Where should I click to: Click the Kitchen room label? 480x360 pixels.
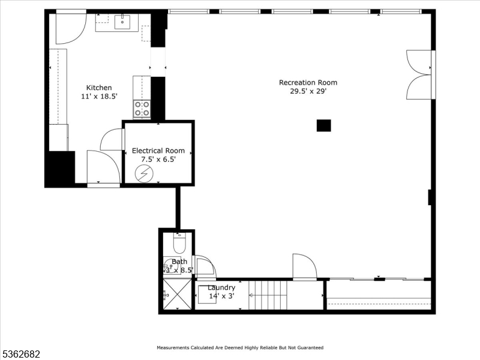coord(98,88)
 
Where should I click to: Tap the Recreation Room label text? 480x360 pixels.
coord(308,83)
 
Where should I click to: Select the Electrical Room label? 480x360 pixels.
coord(158,151)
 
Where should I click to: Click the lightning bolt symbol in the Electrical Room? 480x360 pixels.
coord(143,174)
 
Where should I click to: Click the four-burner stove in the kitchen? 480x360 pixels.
coord(142,109)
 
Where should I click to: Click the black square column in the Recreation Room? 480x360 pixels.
coord(323,125)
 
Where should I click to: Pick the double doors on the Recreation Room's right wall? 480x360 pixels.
coord(418,75)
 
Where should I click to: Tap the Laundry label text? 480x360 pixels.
coord(221,288)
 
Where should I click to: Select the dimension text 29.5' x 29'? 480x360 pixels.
coord(308,92)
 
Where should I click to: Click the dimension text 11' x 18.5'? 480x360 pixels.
coord(99,96)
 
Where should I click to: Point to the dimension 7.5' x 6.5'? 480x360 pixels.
coord(158,160)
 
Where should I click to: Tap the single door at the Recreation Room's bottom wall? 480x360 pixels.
coord(304,266)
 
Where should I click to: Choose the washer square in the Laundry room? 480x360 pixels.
coord(207,295)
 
